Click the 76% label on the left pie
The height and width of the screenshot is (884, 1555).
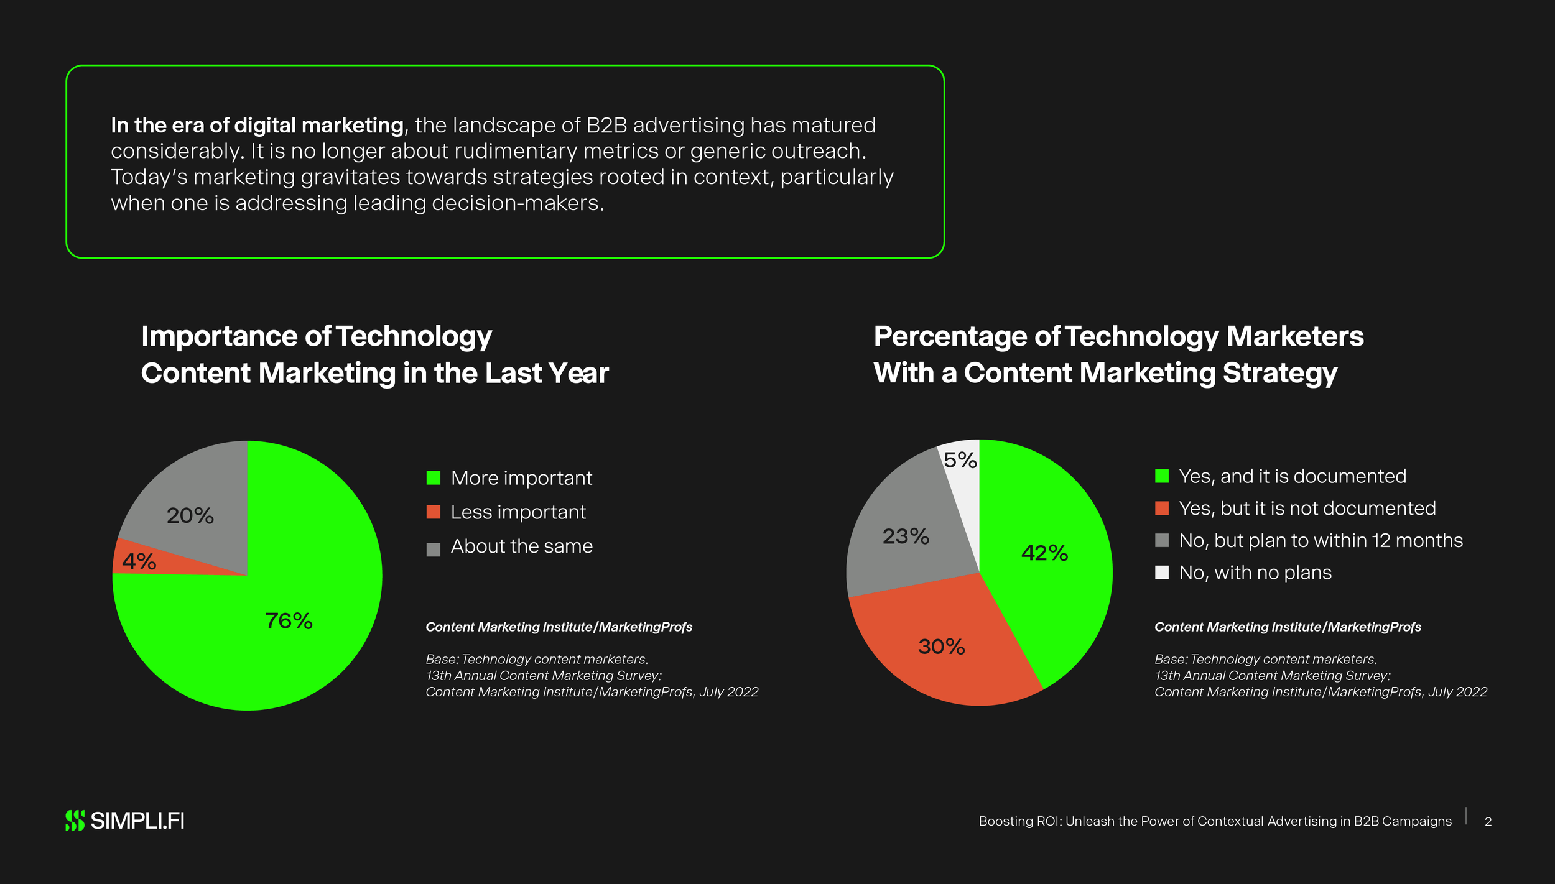pyautogui.click(x=289, y=620)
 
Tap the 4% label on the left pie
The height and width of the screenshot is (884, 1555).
pyautogui.click(x=139, y=561)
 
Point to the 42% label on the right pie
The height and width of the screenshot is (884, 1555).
pyautogui.click(x=1045, y=553)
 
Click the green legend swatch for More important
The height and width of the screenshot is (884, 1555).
pyautogui.click(x=434, y=477)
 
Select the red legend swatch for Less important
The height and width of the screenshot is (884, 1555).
pyautogui.click(x=434, y=512)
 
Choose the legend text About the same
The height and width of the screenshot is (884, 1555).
pyautogui.click(x=521, y=546)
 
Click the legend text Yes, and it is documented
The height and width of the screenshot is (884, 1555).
pyautogui.click(x=1293, y=476)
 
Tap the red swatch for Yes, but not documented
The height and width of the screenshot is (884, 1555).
pyautogui.click(x=1162, y=508)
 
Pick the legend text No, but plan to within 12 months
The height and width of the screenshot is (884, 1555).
pyautogui.click(x=1321, y=540)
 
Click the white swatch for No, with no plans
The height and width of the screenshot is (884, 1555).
pyautogui.click(x=1162, y=572)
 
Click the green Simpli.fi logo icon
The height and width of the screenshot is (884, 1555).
pyautogui.click(x=75, y=821)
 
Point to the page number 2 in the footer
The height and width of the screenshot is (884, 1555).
pyautogui.click(x=1488, y=822)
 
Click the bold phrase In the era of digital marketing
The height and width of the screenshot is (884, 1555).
pyautogui.click(x=257, y=126)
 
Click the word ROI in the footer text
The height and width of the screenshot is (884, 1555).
pyautogui.click(x=1050, y=821)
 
